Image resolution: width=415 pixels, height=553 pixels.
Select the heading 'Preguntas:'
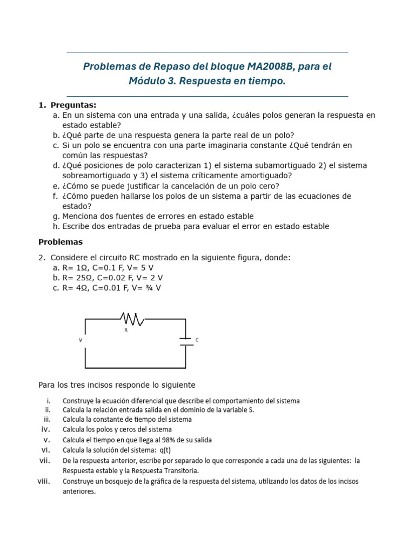pyautogui.click(x=73, y=105)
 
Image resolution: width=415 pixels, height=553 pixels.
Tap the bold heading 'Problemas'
pyautogui.click(x=61, y=242)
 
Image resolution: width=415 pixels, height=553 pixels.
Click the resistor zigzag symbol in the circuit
pyautogui.click(x=132, y=319)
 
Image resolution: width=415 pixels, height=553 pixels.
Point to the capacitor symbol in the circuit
pyautogui.click(x=186, y=340)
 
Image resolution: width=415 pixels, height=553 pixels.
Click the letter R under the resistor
pyautogui.click(x=126, y=330)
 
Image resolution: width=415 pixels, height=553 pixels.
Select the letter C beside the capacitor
pyautogui.click(x=197, y=340)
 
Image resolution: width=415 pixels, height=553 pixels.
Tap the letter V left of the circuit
pyautogui.click(x=81, y=340)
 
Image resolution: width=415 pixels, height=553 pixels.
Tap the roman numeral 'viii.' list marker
pyautogui.click(x=44, y=481)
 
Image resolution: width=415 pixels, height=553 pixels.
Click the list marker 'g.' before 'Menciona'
pyautogui.click(x=56, y=216)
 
